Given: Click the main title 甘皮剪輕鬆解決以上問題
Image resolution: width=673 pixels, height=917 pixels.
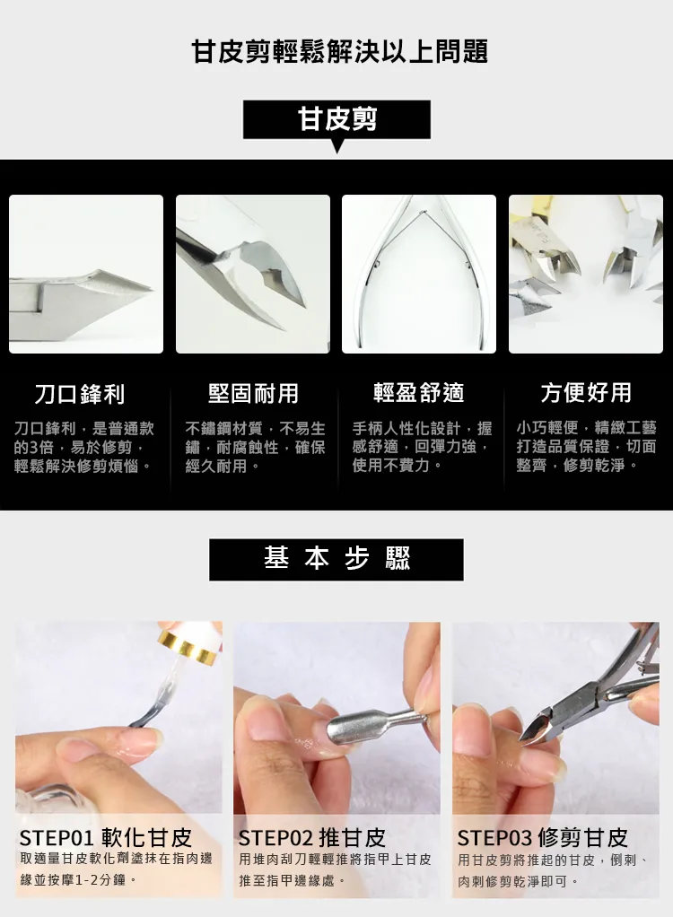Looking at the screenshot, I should (340, 50).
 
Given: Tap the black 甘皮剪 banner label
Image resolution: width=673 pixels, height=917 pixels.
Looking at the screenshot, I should (336, 119).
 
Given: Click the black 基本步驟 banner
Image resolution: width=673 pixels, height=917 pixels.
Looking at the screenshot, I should (336, 559).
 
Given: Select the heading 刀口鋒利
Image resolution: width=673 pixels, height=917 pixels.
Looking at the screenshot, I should (80, 393).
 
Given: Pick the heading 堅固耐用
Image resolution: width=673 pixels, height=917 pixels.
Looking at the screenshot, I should (253, 393).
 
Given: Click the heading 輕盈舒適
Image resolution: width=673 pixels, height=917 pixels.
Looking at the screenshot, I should (419, 392).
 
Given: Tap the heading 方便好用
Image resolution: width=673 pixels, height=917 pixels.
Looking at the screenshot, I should (586, 392).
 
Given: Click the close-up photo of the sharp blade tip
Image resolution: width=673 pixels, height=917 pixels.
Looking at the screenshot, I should (86, 274).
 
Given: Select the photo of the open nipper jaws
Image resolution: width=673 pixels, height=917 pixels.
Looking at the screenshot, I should (253, 274).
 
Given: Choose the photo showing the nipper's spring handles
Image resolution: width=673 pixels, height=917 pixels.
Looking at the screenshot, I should (419, 274).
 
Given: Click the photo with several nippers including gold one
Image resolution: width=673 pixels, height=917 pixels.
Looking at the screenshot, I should (586, 274).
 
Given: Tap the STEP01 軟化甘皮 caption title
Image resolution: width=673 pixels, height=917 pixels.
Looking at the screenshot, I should (106, 838).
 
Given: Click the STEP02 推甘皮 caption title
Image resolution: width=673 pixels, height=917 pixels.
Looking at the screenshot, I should (312, 838).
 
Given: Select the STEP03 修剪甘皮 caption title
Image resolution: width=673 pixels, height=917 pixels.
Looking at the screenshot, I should (543, 838).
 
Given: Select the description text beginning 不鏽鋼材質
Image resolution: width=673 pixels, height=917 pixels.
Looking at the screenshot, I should (255, 447).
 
